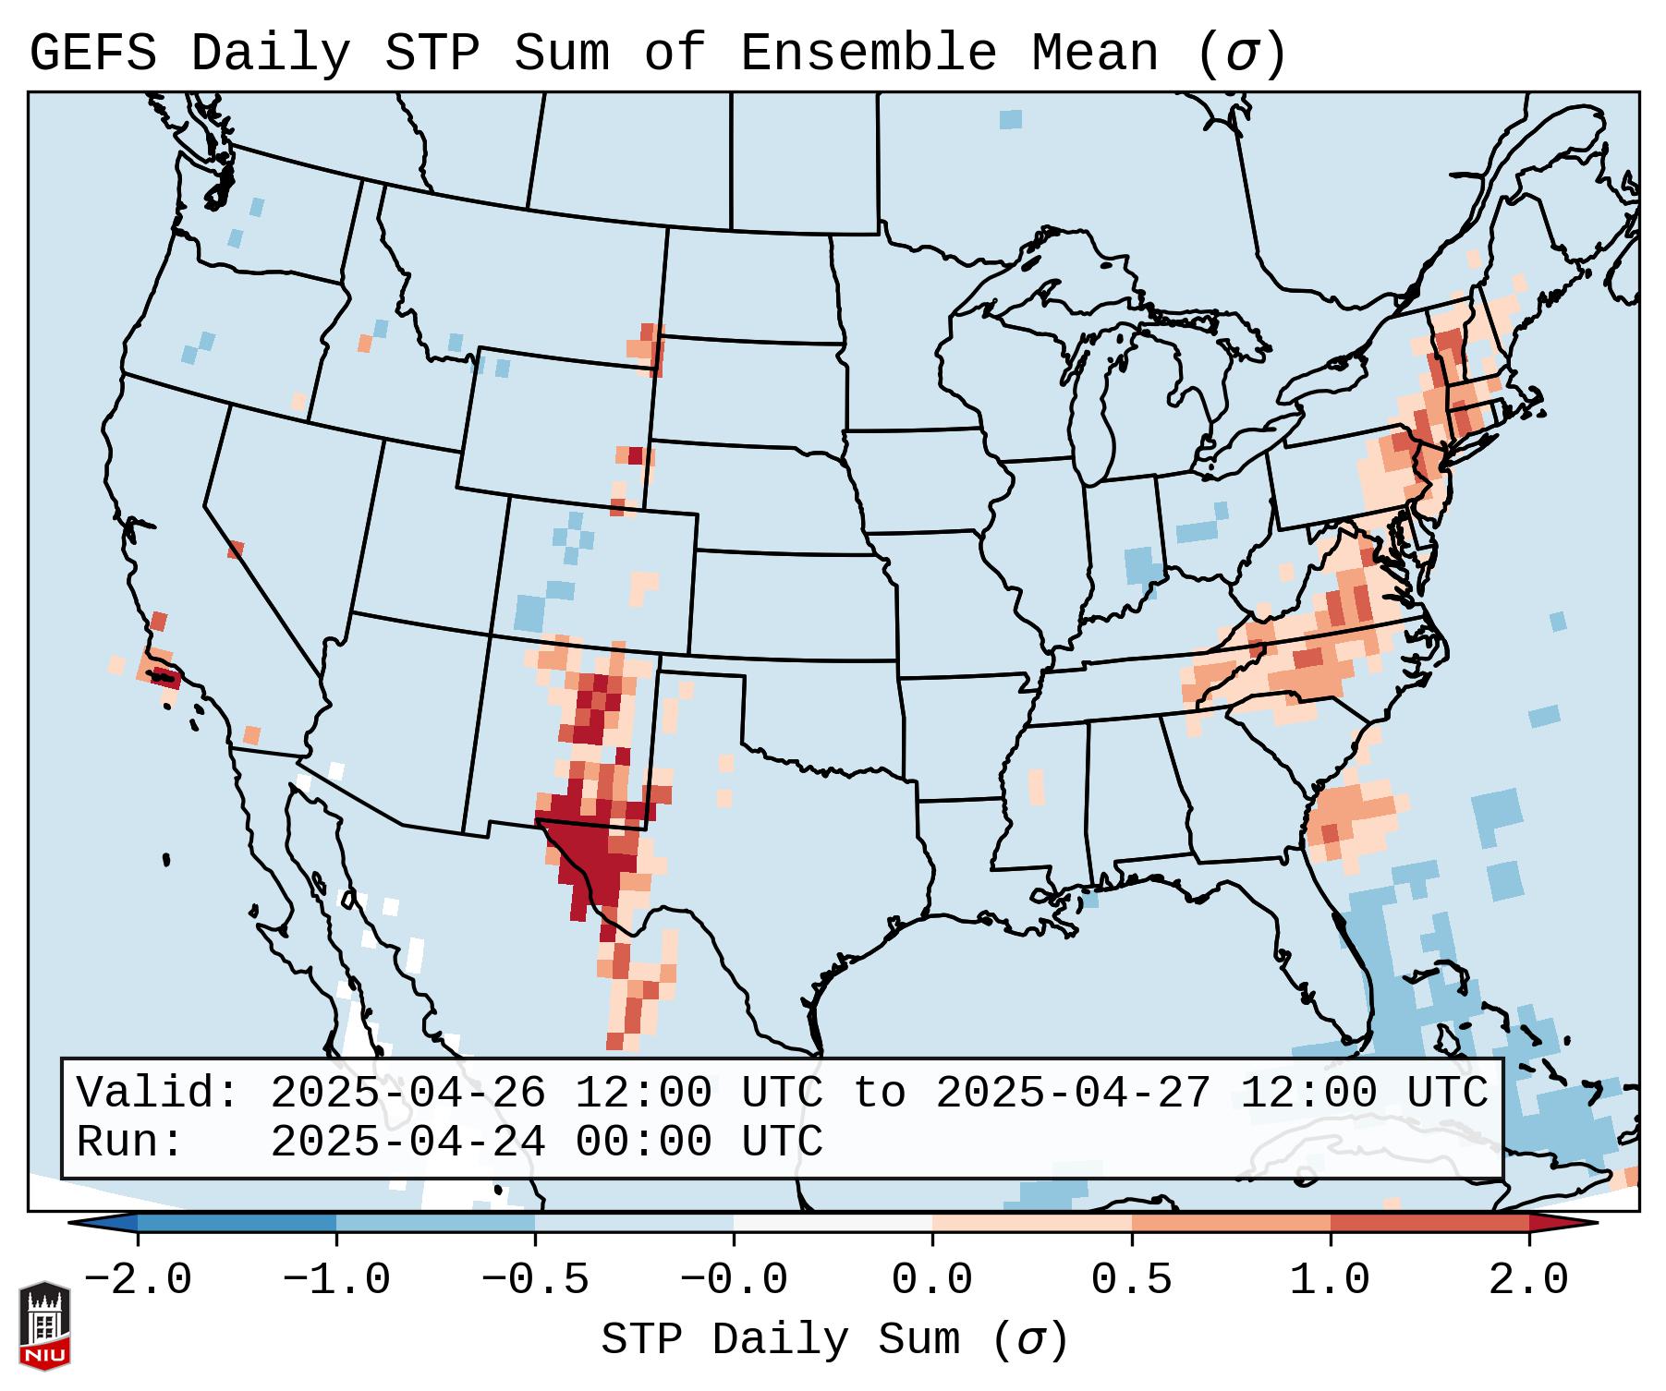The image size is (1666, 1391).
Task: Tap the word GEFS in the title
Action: coord(92,54)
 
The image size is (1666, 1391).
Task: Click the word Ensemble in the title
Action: coord(868,54)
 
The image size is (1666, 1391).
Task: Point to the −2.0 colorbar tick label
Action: coord(138,1280)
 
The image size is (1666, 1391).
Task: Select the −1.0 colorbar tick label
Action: coord(336,1280)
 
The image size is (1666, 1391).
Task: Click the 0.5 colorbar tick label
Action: coord(1132,1280)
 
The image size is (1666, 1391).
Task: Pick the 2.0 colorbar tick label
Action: coord(1529,1280)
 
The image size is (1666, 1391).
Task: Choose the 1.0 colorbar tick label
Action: coord(1331,1280)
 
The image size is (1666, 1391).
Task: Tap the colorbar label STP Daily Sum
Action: coord(781,1340)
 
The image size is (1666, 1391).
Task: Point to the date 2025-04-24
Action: coord(407,1143)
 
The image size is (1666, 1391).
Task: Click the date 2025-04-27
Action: coord(1073,1094)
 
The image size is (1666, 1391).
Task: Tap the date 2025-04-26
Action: coord(407,1094)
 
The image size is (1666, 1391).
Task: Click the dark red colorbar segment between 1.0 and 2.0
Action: coord(1429,1223)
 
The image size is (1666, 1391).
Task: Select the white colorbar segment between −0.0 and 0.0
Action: coord(833,1223)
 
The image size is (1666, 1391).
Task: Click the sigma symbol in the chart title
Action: coord(1241,54)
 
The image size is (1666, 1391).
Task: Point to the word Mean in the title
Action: coord(1095,54)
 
